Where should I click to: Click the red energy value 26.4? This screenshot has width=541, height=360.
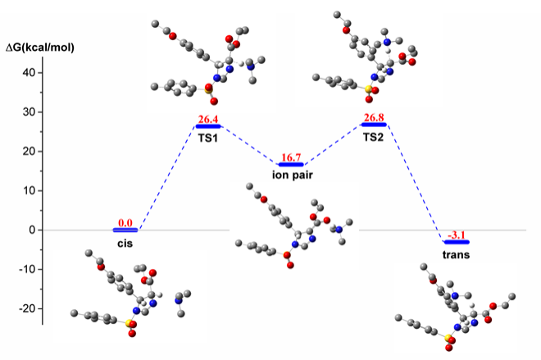coord(208,119)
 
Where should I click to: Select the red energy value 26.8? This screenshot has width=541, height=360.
coord(374,117)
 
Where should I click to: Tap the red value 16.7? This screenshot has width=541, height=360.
coord(291,157)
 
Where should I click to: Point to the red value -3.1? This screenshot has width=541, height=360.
coord(456,235)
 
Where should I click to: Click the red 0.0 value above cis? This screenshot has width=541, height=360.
coord(125,222)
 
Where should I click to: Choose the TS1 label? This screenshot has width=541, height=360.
coord(207,138)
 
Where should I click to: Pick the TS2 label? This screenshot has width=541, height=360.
coord(373,138)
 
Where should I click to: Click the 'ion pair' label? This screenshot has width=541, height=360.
coord(293,175)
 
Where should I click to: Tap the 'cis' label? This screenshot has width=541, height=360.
coord(125,244)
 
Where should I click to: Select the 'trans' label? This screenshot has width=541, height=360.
coord(456,255)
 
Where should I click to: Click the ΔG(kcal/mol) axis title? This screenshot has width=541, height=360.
coord(40,48)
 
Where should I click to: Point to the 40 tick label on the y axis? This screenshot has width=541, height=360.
coord(29,72)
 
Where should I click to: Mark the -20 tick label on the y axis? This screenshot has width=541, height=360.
coord(26,308)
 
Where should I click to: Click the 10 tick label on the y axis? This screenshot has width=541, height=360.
coord(29,190)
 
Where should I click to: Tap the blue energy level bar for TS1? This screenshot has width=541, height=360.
coord(208,126)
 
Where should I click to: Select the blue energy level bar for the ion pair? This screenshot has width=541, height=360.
coord(291,164)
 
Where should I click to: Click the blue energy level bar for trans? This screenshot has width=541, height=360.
coord(457,242)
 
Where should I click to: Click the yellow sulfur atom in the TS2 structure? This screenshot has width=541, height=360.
coord(369,89)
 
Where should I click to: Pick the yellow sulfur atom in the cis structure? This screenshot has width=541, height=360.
coord(129,323)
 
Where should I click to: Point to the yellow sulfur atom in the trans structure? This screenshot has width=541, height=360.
coord(448,338)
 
